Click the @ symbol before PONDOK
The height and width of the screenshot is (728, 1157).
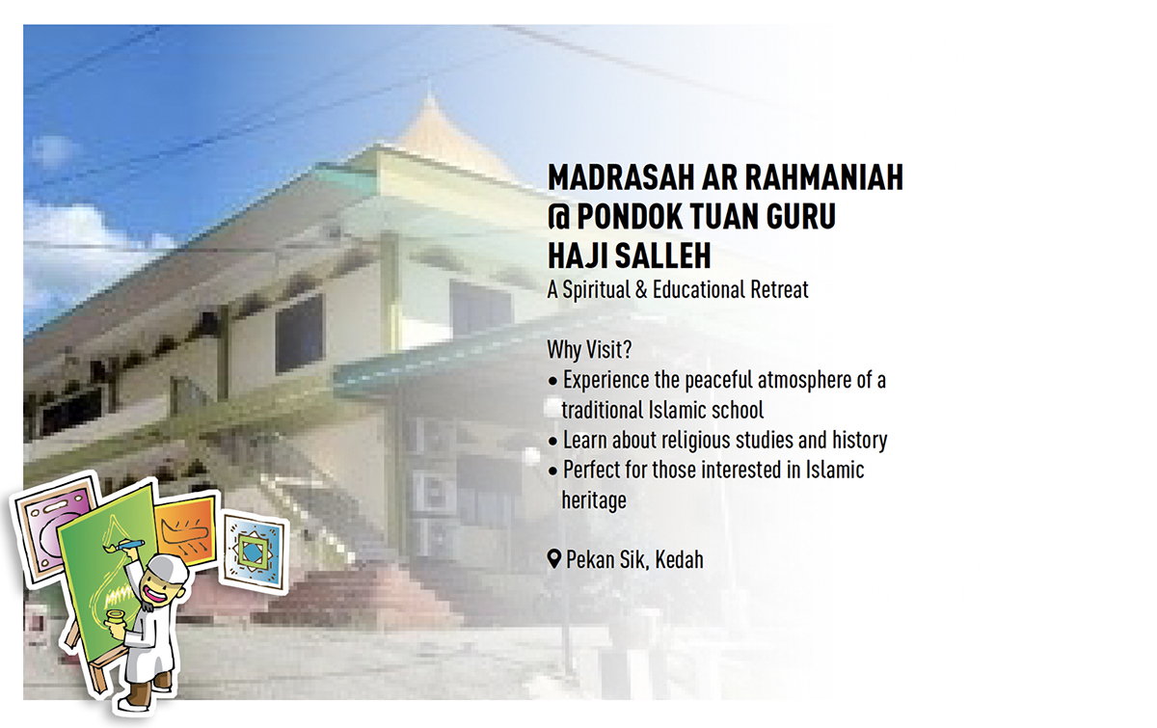558,216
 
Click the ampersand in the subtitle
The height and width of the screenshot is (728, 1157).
641,289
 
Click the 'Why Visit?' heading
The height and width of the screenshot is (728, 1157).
589,350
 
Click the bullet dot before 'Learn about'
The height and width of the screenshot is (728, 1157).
553,442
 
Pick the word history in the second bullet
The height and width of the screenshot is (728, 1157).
859,441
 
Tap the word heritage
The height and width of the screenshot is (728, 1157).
594,500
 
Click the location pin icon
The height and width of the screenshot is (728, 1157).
553,559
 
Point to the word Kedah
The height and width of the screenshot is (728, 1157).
679,560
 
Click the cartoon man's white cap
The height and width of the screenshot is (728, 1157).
165,567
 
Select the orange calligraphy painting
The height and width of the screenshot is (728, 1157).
186,531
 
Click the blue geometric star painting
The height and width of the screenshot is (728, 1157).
253,552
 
